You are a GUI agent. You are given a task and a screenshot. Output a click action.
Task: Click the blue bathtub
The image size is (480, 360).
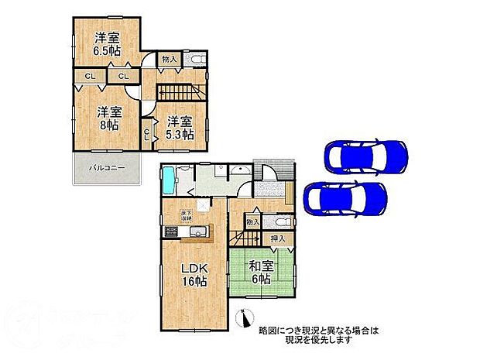click(x=171, y=183)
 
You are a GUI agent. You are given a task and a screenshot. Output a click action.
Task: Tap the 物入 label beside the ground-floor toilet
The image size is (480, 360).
click(x=252, y=223)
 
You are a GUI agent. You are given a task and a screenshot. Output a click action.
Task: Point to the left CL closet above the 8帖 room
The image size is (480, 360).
click(x=91, y=76)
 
